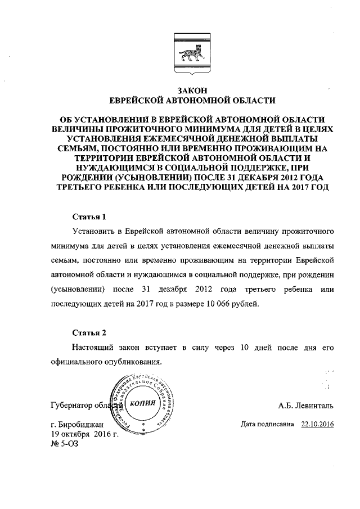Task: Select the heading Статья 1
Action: [x=89, y=216]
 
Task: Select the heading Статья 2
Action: [x=89, y=332]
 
